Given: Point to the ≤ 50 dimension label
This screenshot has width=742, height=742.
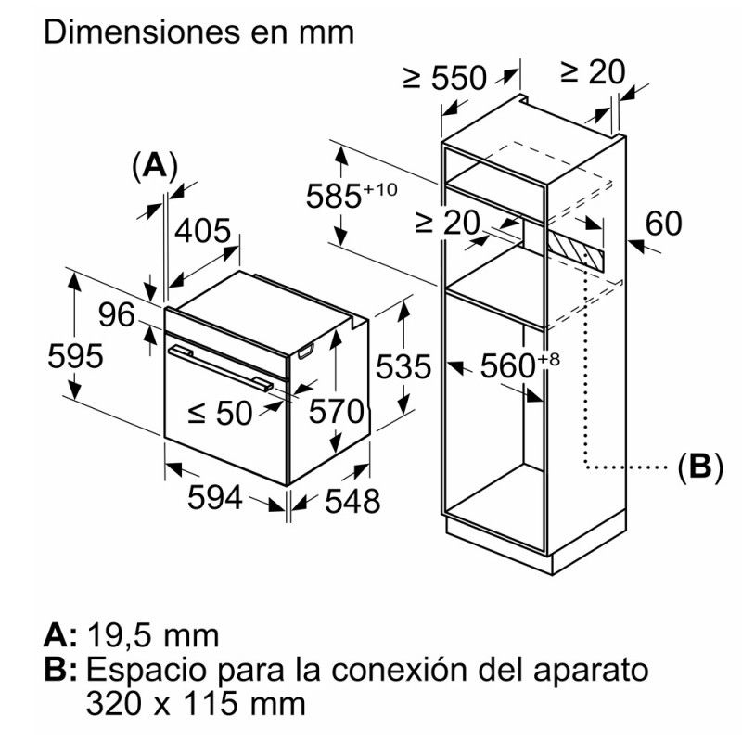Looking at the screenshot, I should point(219,414).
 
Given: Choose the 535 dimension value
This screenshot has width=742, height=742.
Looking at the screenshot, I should point(403,368).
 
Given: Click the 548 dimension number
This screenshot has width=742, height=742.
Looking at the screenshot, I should point(352,501).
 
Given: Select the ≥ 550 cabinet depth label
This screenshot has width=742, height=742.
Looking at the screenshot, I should point(445,80).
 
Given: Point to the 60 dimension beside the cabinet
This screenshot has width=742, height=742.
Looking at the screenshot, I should point(662,224).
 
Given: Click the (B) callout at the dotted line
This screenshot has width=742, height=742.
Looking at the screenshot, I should point(699,467).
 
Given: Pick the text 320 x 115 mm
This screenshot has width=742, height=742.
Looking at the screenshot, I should point(196,702).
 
